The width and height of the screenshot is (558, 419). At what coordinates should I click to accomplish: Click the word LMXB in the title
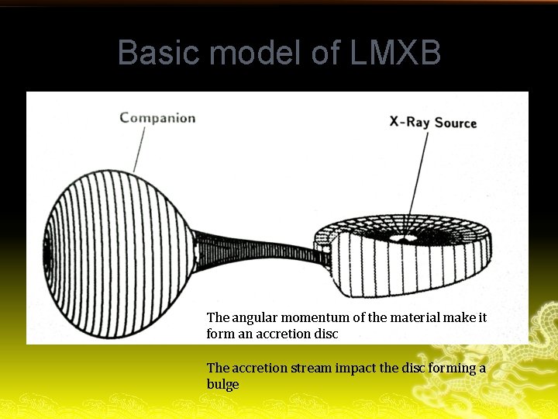coord(396,53)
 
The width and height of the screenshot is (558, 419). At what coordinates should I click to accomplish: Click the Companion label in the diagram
coord(157,118)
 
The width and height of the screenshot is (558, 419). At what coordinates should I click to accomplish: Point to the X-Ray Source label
coord(432,122)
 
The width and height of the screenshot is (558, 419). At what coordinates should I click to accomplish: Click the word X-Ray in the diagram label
coord(409,122)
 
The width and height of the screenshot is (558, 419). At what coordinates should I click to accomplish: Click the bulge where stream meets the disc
coord(322,254)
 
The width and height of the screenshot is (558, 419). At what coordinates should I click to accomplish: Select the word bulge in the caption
coord(223,385)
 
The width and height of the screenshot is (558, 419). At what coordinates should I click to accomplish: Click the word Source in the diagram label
coord(456,122)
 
